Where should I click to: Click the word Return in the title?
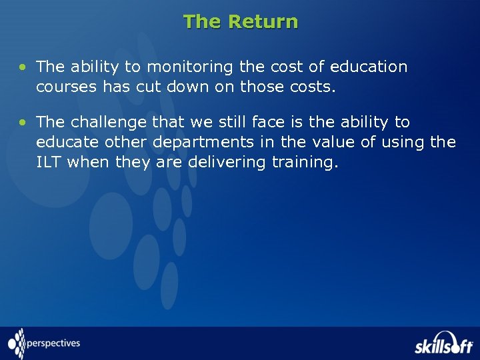coord(263,22)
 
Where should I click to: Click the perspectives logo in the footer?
coord(44,344)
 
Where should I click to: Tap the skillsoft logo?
coord(443,343)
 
